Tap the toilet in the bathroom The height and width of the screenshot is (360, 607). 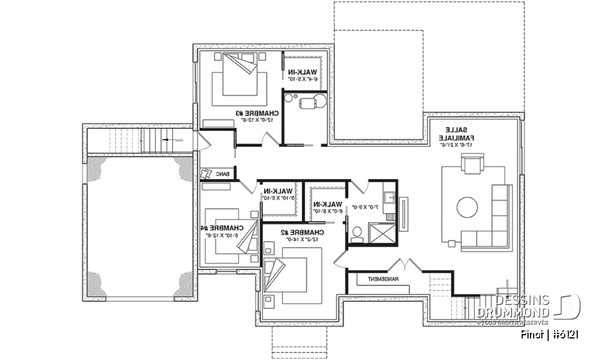pos(356,235)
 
